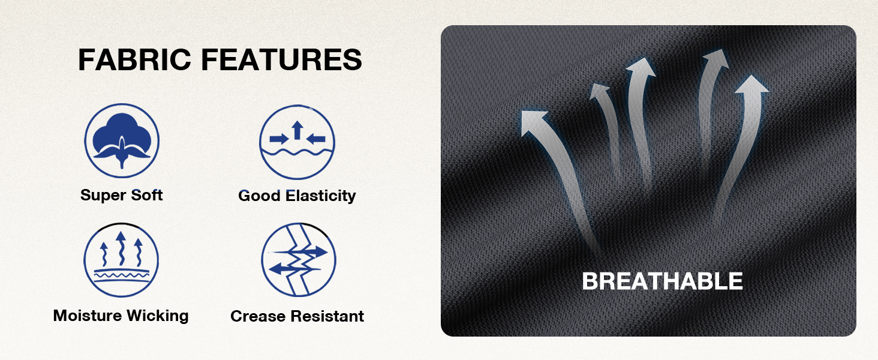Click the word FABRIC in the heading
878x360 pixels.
click(134, 59)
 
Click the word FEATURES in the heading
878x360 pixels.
click(281, 59)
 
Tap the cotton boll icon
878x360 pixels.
click(122, 140)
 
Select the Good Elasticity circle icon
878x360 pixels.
click(297, 142)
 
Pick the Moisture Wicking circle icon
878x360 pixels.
click(121, 260)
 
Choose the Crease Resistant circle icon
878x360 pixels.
click(299, 260)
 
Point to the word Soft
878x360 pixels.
click(146, 195)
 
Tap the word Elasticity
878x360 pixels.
click(321, 196)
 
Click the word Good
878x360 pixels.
click(260, 196)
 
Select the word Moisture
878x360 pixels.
click(88, 315)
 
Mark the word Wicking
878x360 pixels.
click(158, 316)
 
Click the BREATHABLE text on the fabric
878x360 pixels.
click(663, 281)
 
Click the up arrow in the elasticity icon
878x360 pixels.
click(297, 130)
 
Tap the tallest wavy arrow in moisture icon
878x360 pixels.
click(121, 248)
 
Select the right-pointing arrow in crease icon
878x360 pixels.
click(302, 252)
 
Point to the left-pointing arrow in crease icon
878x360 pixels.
click(294, 269)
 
